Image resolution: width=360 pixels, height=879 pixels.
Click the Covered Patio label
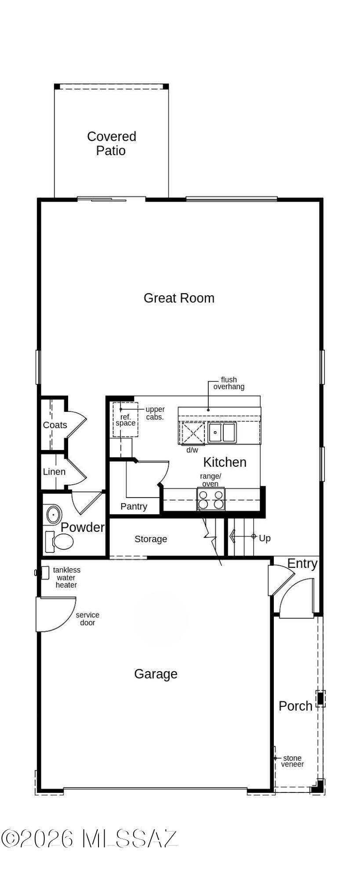point(111,143)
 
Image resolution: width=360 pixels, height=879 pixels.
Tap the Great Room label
point(179,298)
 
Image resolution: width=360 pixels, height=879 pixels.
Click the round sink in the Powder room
point(54,514)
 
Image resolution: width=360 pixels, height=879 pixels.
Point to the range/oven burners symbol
point(211,499)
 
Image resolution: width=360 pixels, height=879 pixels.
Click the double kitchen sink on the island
point(222,432)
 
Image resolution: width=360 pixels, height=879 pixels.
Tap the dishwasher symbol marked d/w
point(193,433)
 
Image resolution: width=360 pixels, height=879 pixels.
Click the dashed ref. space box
point(125,420)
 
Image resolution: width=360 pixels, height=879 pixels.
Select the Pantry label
point(134,506)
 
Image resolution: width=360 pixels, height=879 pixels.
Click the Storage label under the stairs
point(151,539)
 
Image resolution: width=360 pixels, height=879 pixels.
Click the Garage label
point(156,674)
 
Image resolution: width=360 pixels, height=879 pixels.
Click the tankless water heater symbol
point(44,573)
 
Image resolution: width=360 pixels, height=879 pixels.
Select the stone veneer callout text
point(292,761)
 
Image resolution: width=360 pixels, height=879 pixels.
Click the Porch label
point(295,706)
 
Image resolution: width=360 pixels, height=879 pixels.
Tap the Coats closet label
point(55,425)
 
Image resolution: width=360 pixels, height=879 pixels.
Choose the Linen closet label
point(54,472)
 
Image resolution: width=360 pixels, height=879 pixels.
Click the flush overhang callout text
point(229,383)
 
